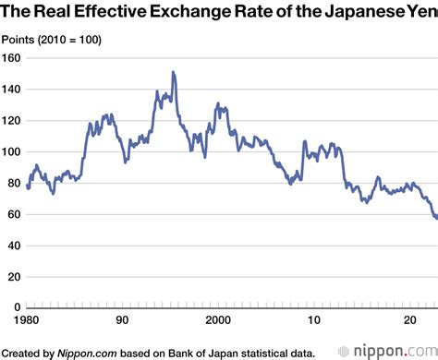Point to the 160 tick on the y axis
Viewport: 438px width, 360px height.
11,57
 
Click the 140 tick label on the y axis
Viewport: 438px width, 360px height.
11,89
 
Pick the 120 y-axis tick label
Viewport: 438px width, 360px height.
11,120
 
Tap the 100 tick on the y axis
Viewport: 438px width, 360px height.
11,151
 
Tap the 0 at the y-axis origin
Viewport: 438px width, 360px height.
17,308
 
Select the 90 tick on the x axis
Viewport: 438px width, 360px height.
121,319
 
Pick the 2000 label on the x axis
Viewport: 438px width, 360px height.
218,319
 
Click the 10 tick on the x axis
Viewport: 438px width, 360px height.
311,319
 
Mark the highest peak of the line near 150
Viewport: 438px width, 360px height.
173,72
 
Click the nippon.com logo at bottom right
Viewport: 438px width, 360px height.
387,350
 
